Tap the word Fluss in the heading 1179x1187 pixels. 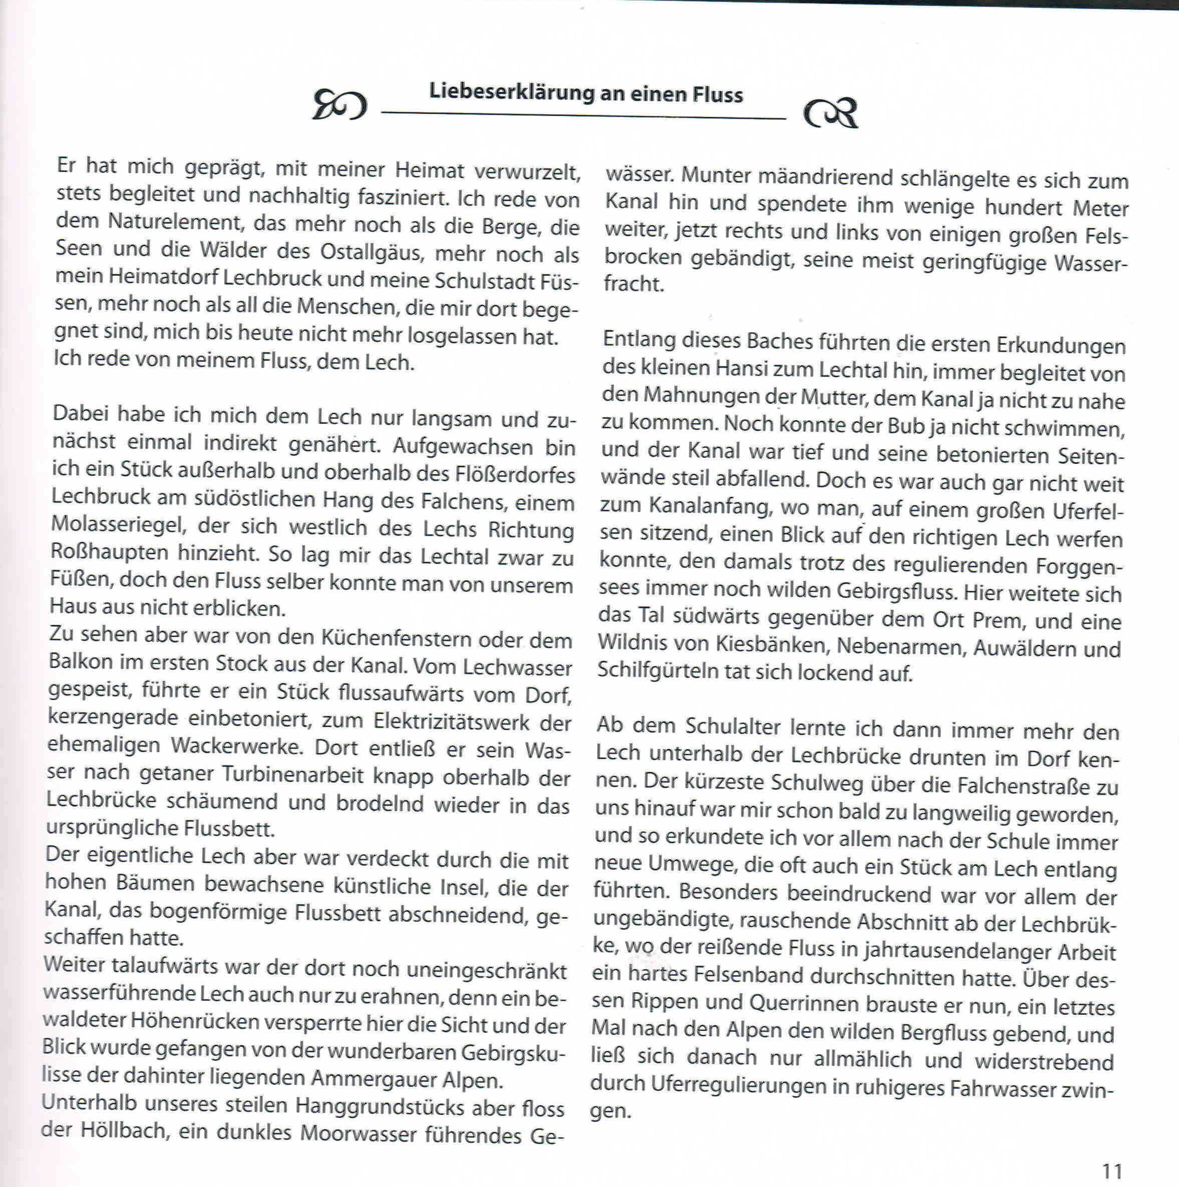(x=717, y=95)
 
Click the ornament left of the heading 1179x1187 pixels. (x=339, y=105)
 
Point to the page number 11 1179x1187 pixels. (x=1112, y=1171)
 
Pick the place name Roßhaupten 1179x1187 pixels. (x=110, y=552)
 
